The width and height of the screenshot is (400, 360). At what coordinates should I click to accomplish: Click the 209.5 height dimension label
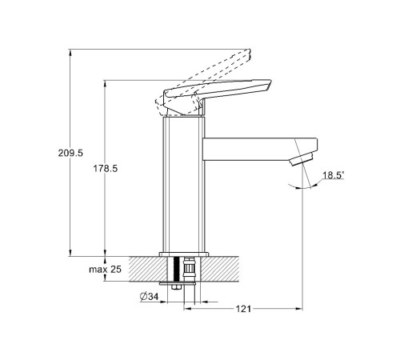[70, 153]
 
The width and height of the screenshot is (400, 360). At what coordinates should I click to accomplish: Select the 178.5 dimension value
[105, 169]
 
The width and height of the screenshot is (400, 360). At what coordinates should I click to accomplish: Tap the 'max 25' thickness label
[105, 270]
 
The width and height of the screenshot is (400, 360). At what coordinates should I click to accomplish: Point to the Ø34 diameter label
[149, 297]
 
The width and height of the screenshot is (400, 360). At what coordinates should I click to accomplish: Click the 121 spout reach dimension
[243, 309]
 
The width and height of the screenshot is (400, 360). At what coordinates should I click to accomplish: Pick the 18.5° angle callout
[334, 175]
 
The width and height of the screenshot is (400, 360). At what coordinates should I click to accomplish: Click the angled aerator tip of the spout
[302, 158]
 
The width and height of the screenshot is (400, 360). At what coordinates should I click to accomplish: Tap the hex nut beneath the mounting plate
[176, 287]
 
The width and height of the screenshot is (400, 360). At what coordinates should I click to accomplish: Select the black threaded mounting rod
[176, 269]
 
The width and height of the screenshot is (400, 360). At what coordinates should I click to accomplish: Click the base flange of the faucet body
[184, 254]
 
